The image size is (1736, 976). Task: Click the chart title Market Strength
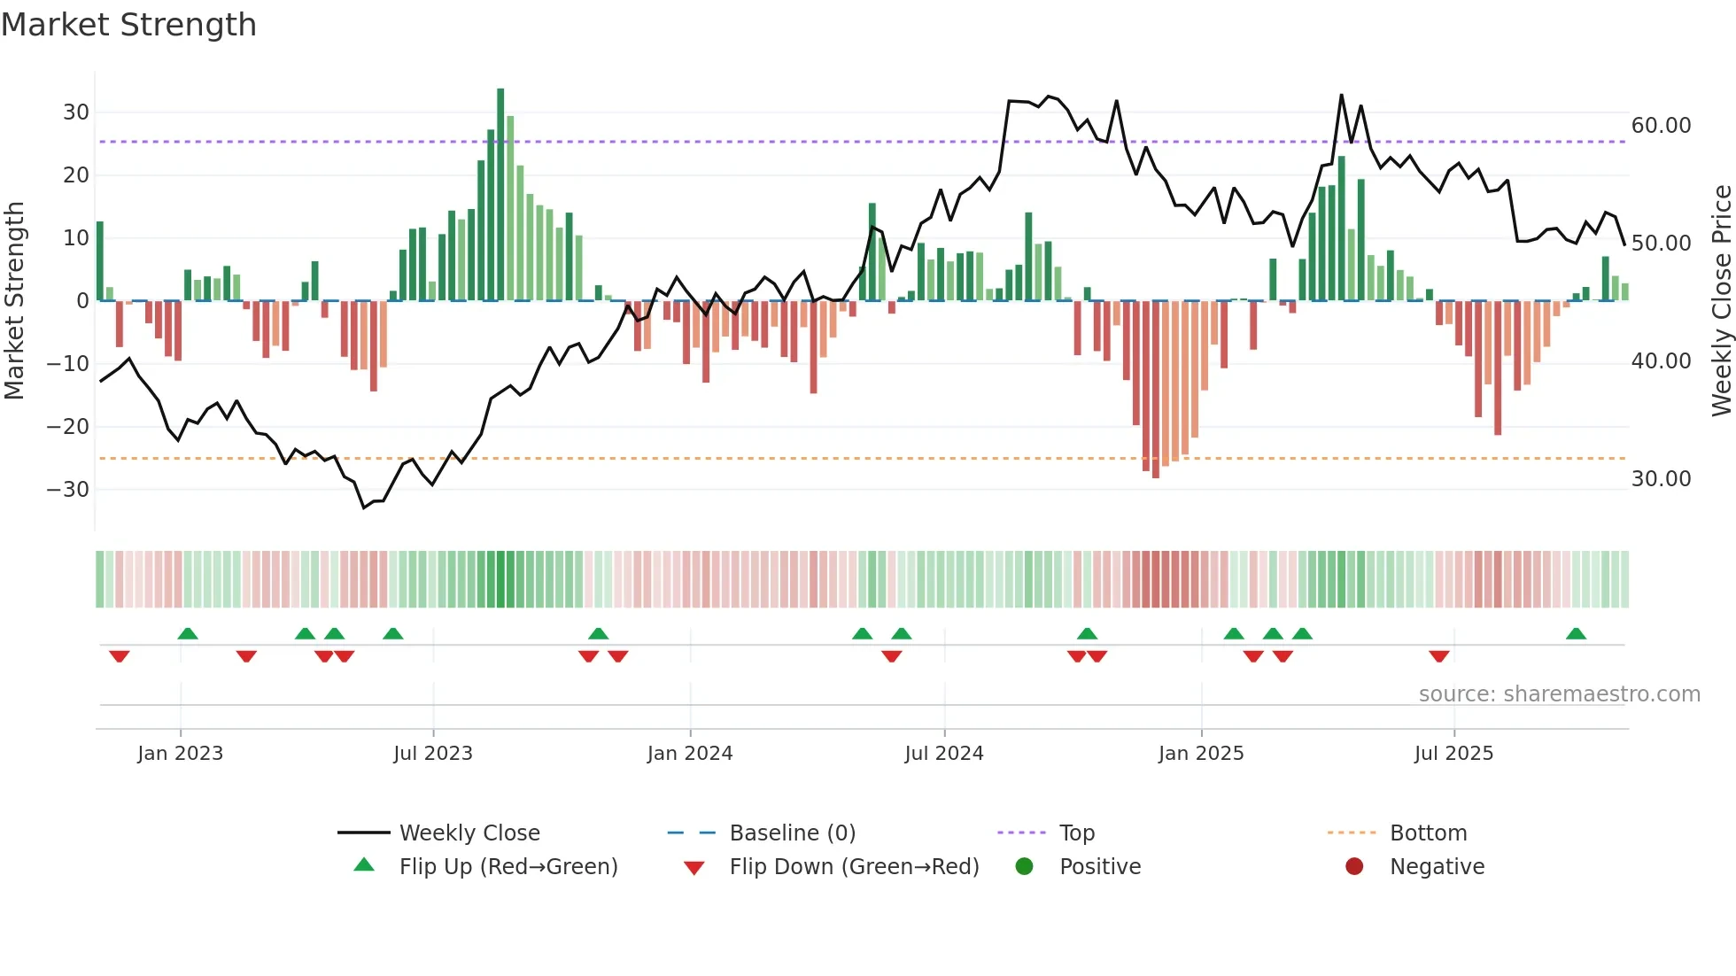[128, 25]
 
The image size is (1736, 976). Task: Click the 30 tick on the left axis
[75, 112]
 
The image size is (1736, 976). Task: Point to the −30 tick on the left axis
[68, 490]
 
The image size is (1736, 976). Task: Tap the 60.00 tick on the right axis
[1661, 126]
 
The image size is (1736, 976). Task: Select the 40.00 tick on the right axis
[1661, 361]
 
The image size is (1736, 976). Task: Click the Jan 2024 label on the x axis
[690, 754]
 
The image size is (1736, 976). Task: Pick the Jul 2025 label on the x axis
[1453, 754]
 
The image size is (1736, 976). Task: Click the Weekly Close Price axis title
[1721, 300]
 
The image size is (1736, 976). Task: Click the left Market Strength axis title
[14, 300]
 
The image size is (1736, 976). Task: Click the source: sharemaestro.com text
[1559, 694]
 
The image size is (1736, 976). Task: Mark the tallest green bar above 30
[500, 195]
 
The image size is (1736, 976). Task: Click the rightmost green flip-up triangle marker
[1576, 634]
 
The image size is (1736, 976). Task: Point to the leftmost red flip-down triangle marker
[120, 656]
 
